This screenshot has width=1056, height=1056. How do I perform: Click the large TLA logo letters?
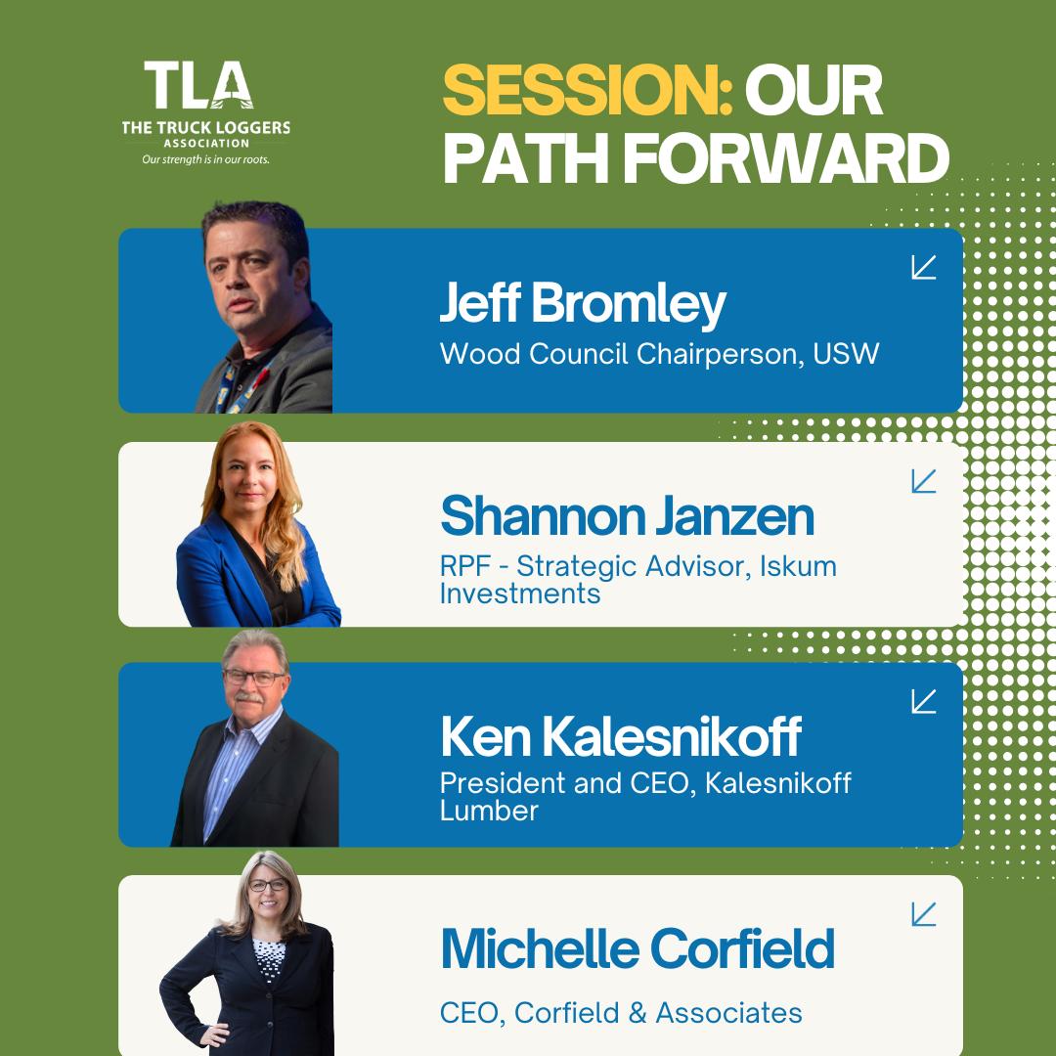click(198, 85)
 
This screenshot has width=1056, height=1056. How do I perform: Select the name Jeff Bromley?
click(583, 304)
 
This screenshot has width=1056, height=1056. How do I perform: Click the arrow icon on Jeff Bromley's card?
click(923, 267)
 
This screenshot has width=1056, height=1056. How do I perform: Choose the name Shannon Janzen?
click(627, 516)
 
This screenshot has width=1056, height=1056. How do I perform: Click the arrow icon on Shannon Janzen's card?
click(923, 481)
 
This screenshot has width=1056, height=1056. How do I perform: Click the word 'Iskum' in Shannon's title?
click(798, 566)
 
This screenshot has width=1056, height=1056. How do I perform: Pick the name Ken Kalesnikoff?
click(621, 736)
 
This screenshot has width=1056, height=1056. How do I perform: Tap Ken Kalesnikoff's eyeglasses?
click(254, 678)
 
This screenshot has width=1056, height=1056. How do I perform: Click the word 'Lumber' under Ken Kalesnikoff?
click(489, 811)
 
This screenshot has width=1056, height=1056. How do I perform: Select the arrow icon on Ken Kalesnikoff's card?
click(923, 701)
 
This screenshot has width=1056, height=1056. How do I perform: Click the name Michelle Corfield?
click(638, 948)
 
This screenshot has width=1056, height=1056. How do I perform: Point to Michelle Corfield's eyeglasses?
click(268, 885)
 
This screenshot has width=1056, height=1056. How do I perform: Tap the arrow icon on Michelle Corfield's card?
click(923, 914)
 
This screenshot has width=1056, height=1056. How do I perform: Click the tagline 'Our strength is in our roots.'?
click(205, 159)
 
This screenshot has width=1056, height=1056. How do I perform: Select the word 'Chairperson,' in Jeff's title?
click(720, 355)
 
